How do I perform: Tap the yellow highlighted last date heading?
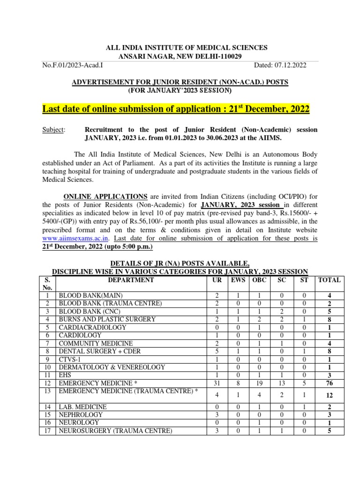click(x=176, y=109)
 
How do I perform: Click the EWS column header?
click(x=238, y=280)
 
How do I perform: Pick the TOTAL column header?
click(x=330, y=280)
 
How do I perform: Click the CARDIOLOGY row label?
click(x=80, y=335)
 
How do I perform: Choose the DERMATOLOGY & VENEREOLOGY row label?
click(x=112, y=367)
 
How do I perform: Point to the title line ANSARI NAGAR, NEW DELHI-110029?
click(x=180, y=56)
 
